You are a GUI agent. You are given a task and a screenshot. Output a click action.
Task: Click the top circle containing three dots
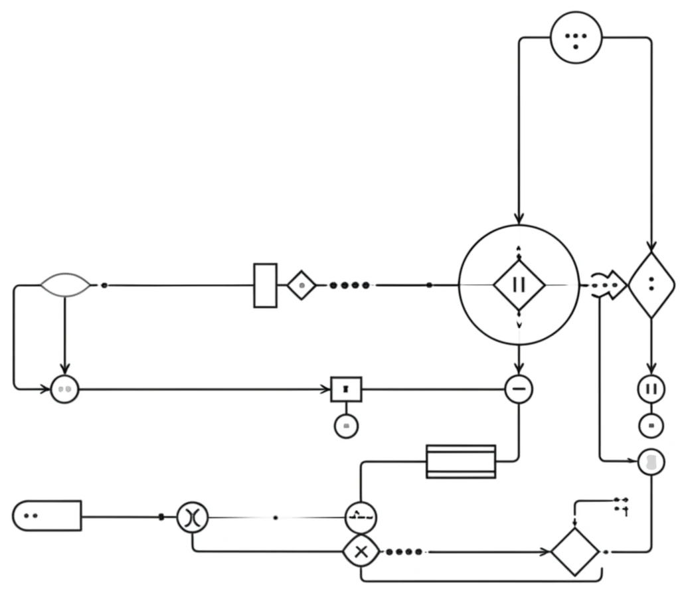(x=576, y=38)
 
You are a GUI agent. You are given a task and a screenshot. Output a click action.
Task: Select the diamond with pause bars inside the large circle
(x=519, y=285)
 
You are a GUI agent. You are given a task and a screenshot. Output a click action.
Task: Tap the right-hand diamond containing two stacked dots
(x=651, y=285)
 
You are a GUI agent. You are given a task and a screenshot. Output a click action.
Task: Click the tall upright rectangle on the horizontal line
(x=265, y=286)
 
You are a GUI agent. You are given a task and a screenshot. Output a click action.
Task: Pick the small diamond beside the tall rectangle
(x=301, y=286)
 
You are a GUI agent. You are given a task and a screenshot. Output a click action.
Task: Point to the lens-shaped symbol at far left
(x=64, y=285)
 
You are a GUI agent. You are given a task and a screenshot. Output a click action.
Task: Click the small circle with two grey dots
(x=64, y=389)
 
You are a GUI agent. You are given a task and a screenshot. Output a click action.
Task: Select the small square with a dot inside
(x=346, y=389)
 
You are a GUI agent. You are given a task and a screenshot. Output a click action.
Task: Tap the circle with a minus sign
(x=519, y=389)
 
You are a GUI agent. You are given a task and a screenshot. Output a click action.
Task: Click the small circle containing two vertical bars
(x=651, y=389)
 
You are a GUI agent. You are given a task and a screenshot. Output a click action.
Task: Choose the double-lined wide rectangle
(x=461, y=462)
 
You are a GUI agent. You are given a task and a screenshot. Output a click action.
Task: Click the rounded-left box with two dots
(x=46, y=516)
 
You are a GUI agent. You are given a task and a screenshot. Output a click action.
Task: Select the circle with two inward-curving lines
(x=193, y=517)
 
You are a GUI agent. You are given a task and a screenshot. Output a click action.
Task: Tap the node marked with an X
(x=361, y=551)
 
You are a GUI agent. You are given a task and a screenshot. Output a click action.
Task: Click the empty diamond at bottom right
(x=575, y=552)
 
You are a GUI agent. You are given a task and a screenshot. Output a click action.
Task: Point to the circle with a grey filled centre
(x=651, y=462)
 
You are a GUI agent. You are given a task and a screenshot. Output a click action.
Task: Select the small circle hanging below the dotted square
(x=346, y=426)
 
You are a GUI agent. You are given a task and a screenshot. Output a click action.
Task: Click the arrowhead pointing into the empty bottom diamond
(x=546, y=552)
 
